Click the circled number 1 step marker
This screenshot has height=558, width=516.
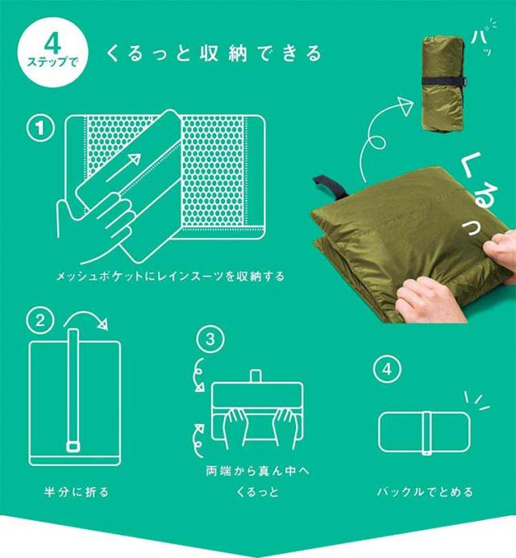click(41, 127)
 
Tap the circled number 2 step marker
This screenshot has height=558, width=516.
click(40, 320)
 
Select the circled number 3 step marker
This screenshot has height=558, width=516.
click(210, 339)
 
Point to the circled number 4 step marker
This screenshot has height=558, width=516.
click(387, 369)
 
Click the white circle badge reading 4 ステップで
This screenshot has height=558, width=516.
click(52, 52)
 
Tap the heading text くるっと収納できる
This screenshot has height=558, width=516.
click(214, 53)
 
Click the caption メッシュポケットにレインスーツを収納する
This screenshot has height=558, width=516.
click(170, 276)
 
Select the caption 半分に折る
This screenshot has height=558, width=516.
click(76, 492)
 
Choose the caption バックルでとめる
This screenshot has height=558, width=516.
click(425, 492)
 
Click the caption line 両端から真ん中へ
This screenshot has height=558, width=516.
click(258, 471)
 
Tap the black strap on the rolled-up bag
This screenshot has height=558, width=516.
click(444, 81)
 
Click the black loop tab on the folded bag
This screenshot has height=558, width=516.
click(329, 185)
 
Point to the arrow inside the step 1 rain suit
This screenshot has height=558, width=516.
click(123, 168)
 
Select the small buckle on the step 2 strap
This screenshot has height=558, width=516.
click(73, 446)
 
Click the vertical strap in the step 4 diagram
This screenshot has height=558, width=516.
click(427, 433)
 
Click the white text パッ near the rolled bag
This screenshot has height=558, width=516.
click(484, 39)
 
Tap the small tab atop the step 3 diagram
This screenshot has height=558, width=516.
click(256, 376)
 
